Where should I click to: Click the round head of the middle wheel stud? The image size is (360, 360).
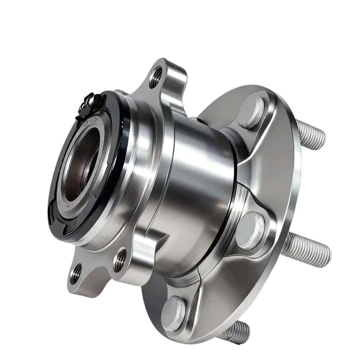click(x=252, y=227)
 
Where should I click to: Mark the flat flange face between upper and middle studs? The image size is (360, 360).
click(x=273, y=167)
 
